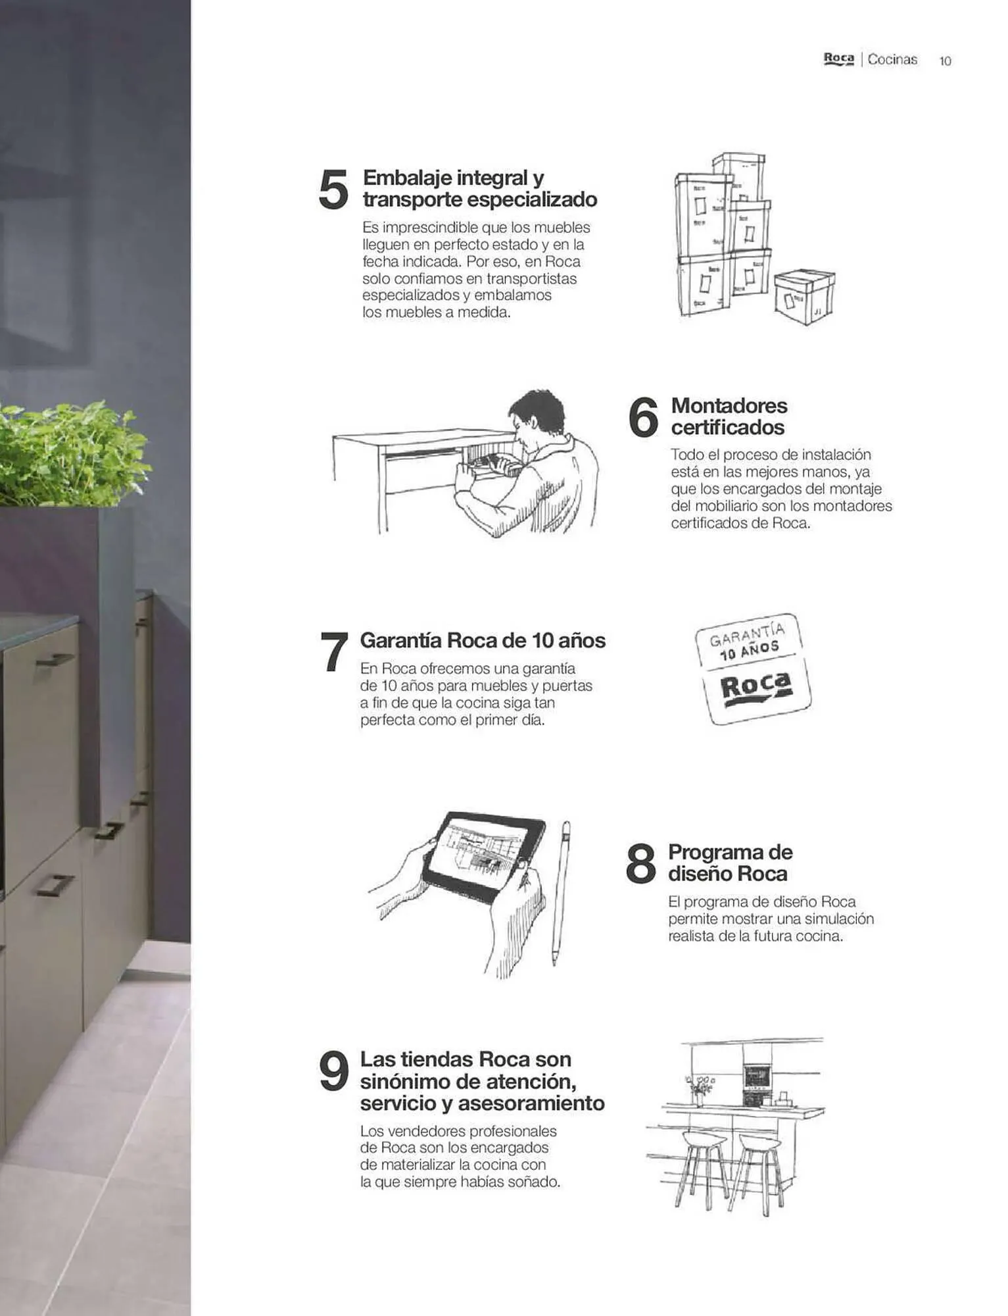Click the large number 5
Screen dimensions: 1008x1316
(x=333, y=189)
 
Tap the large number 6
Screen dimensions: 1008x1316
(x=643, y=417)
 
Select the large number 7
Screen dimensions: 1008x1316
(x=335, y=651)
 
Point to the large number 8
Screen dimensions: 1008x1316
(x=641, y=863)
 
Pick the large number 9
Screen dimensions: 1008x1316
(x=333, y=1071)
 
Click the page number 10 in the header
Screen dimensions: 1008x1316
(x=945, y=61)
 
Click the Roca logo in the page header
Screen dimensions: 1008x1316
(x=839, y=59)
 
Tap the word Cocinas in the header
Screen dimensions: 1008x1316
(x=892, y=59)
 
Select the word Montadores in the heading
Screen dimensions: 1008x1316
(x=729, y=405)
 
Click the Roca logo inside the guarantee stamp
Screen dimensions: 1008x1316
(x=757, y=688)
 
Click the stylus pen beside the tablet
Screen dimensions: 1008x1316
(x=560, y=893)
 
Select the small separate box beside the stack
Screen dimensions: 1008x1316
(x=804, y=297)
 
